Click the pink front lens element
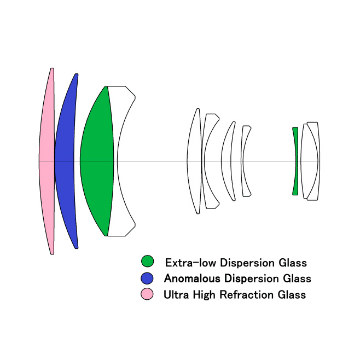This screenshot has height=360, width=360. [47, 161]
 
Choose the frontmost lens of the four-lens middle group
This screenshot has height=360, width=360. [194, 161]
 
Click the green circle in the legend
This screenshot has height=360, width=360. [147, 261]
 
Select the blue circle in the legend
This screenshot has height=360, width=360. [147, 278]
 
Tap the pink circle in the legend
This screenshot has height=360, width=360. [147, 294]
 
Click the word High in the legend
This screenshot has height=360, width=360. [204, 295]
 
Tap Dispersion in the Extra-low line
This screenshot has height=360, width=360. [247, 263]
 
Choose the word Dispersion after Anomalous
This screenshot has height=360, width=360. [252, 279]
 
